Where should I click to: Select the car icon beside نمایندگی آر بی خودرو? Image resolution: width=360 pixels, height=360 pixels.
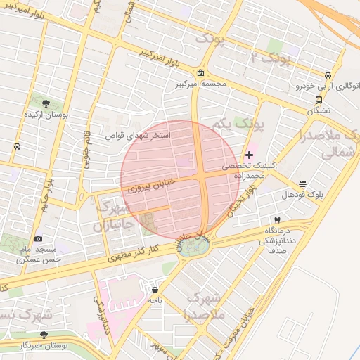coord(328,76)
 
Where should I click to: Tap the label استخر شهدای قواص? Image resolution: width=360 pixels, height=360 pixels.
coord(138,134)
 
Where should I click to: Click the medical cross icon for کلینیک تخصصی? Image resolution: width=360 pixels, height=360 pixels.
coord(250,154)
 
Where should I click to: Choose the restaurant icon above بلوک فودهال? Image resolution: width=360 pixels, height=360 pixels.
coord(302,184)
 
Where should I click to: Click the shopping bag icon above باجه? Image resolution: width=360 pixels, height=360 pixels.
coord(155,289)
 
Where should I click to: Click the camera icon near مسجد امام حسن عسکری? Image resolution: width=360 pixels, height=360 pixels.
coord(38,239)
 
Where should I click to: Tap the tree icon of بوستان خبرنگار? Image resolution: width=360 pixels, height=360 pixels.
coord(44,335)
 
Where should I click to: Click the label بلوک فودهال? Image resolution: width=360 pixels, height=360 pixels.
coord(302,194)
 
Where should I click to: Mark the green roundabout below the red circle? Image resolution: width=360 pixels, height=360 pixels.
coord(198,246)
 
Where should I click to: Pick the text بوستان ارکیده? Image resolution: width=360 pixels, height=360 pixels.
coord(46,114)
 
